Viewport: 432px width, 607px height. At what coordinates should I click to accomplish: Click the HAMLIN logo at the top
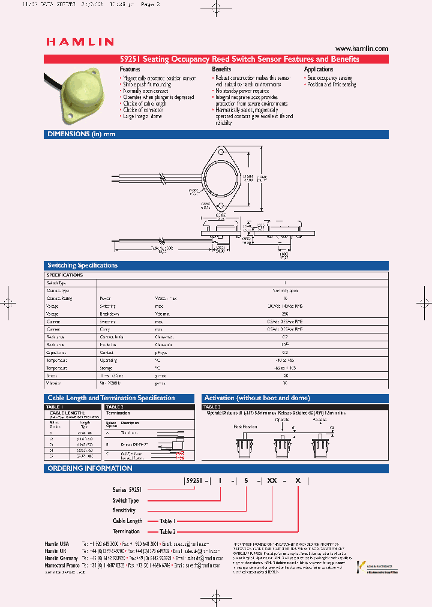pos(80,41)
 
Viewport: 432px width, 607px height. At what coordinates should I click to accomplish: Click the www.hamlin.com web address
pos(361,49)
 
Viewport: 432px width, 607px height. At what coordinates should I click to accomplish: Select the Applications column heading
pos(319,70)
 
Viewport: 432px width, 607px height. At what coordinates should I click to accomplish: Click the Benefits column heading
pos(221,70)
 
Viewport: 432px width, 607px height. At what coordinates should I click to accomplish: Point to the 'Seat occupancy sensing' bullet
pos(329,78)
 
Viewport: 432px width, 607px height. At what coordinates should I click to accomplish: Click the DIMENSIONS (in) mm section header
pos(81,134)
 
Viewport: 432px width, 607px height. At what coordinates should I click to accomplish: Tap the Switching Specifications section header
pos(82,265)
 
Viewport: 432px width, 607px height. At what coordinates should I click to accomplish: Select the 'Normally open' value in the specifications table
pos(285,290)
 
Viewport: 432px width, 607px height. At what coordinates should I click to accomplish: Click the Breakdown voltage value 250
pos(285,314)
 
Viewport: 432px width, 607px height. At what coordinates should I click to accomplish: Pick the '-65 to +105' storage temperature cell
pos(285,368)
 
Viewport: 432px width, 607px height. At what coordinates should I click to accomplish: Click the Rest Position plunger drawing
pos(243,447)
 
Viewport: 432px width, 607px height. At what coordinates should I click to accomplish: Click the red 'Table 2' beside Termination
pos(167,531)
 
